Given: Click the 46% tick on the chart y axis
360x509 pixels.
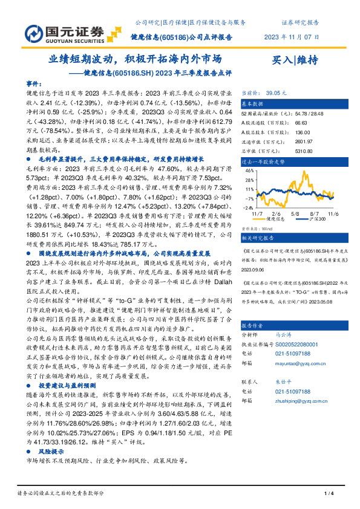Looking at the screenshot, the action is [x=249, y=171].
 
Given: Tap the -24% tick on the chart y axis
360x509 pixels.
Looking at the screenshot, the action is [x=248, y=205].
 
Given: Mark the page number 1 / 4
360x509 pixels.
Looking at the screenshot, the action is [x=328, y=495].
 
